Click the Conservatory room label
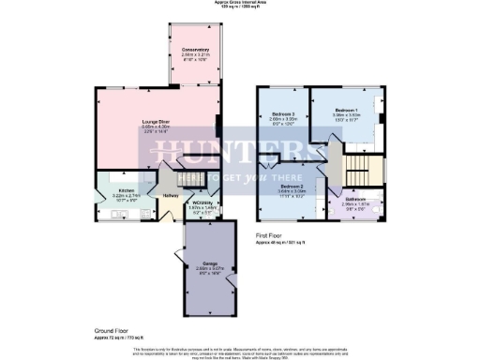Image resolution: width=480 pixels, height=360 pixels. tap(193, 49)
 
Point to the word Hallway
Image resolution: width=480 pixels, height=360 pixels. tap(171, 195)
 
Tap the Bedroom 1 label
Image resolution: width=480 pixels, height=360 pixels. tap(347, 111)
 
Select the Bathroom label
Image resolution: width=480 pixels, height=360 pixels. tap(354, 200)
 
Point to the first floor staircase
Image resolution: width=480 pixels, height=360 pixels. tap(357, 172)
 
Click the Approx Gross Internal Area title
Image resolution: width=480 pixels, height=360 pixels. tap(239, 3)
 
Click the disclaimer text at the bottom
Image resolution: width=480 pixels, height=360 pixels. tap(239, 352)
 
